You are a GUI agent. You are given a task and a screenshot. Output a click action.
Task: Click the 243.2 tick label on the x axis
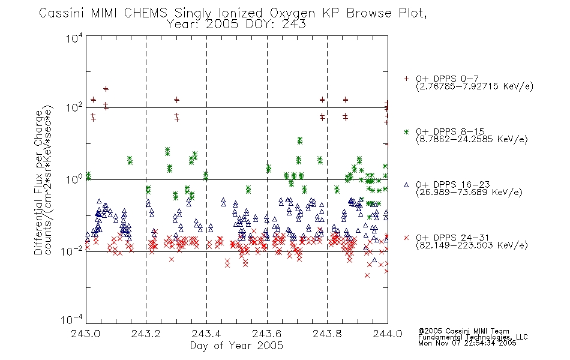pyautogui.click(x=146, y=334)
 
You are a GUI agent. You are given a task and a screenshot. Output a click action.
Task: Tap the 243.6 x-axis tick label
pyautogui.click(x=266, y=334)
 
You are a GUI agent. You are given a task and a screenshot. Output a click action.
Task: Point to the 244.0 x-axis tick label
pyautogui.click(x=388, y=334)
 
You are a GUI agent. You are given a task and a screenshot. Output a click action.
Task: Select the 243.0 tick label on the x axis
pyautogui.click(x=86, y=334)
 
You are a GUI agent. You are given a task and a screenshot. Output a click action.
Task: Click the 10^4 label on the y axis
pyautogui.click(x=74, y=38)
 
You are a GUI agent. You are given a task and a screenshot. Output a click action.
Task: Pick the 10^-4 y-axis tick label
pyautogui.click(x=72, y=319)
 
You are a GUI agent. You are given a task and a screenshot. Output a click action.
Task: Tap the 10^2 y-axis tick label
pyautogui.click(x=74, y=107)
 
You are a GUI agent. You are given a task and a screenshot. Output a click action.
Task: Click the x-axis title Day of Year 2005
pyautogui.click(x=236, y=346)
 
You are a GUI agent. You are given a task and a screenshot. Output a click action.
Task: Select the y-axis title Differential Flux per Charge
pyautogui.click(x=38, y=182)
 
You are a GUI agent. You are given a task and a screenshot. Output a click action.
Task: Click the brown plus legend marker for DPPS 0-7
pyautogui.click(x=406, y=79)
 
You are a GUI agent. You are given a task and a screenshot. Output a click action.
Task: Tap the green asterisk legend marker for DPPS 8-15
pyautogui.click(x=406, y=131)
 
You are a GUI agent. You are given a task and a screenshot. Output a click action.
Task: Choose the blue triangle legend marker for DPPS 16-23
pyautogui.click(x=406, y=185)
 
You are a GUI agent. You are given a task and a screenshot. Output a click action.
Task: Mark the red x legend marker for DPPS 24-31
pyautogui.click(x=406, y=238)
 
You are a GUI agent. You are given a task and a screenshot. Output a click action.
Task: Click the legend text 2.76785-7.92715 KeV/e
pyautogui.click(x=475, y=86)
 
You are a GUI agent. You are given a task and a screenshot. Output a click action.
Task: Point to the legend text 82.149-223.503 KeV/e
pyautogui.click(x=472, y=245)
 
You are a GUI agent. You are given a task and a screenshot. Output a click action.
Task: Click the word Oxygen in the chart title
pyautogui.click(x=292, y=13)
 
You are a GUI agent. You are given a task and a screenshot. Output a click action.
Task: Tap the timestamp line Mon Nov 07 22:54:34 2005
pyautogui.click(x=467, y=343)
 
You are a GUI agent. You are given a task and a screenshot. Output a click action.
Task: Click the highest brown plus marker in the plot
pyautogui.click(x=106, y=89)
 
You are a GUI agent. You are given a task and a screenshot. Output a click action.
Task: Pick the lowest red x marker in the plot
pyautogui.click(x=367, y=275)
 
